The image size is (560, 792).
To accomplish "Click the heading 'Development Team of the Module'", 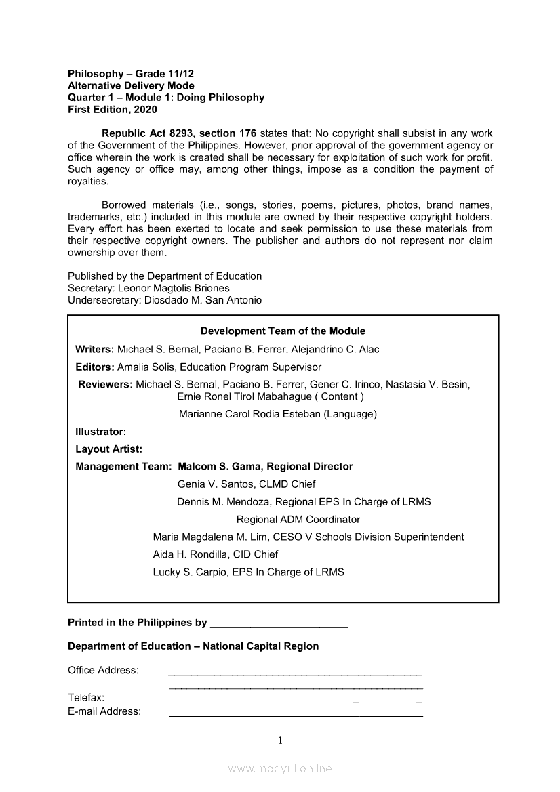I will [283, 331].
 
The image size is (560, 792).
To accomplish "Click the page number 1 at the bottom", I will [280, 741].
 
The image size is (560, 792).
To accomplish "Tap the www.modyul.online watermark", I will [280, 769].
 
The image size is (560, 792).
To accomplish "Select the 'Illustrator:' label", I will [101, 432].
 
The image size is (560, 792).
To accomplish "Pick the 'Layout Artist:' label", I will [109, 449].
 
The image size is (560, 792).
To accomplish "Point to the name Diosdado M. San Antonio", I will [203, 300].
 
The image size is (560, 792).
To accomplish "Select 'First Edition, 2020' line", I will [113, 110].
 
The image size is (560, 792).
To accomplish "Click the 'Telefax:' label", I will [86, 698].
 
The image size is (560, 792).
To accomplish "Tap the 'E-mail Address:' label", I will [104, 711].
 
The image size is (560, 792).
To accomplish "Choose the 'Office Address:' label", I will [103, 671].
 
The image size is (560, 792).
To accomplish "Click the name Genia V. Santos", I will [213, 484].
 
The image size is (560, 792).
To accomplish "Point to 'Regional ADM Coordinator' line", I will [298, 520].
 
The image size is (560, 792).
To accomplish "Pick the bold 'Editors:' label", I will [94, 367].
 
